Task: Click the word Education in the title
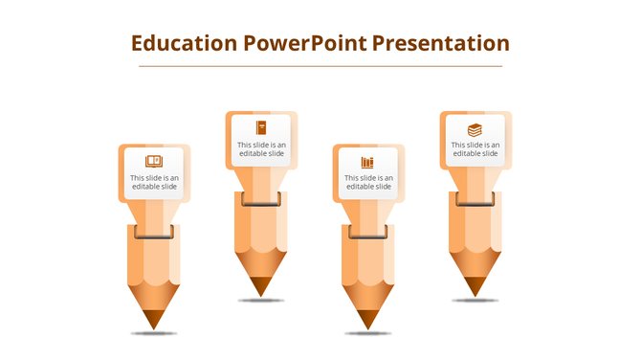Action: click(x=183, y=43)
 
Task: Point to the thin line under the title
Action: click(x=320, y=66)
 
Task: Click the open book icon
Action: click(x=154, y=161)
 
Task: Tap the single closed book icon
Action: click(x=261, y=127)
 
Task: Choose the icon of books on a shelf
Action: click(x=368, y=162)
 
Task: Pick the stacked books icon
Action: click(x=475, y=129)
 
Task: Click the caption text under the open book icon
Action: click(x=154, y=182)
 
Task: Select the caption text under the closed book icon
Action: click(x=261, y=148)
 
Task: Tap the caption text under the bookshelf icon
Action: click(x=368, y=182)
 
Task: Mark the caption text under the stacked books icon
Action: click(x=475, y=148)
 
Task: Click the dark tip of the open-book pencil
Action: click(x=154, y=320)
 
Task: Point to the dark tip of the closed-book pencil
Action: click(x=261, y=286)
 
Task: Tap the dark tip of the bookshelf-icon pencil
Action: click(x=368, y=320)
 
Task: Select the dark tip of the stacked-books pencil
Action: click(x=475, y=286)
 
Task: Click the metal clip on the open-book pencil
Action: click(x=154, y=232)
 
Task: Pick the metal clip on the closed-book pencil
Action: click(x=261, y=198)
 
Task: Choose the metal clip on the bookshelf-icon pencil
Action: click(x=368, y=232)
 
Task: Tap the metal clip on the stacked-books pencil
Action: click(x=475, y=198)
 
